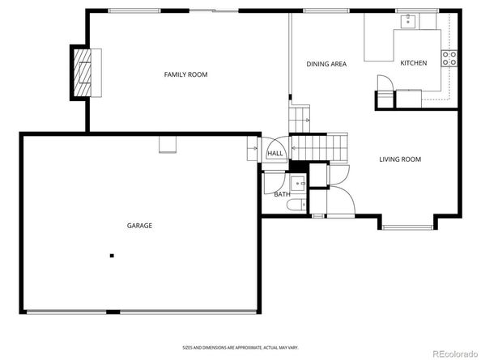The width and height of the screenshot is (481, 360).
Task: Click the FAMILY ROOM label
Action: pyautogui.click(x=185, y=74)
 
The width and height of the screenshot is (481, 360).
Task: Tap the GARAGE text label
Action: pyautogui.click(x=138, y=226)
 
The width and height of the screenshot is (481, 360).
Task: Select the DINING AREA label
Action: pyautogui.click(x=326, y=64)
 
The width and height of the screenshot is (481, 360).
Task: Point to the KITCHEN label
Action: pyautogui.click(x=414, y=63)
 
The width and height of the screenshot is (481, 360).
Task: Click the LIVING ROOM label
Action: pyautogui.click(x=400, y=159)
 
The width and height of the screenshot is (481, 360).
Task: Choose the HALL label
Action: pyautogui.click(x=275, y=153)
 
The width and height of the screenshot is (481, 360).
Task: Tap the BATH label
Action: pyautogui.click(x=282, y=194)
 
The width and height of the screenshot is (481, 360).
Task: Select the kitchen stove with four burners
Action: pyautogui.click(x=449, y=57)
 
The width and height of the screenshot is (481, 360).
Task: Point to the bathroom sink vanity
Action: pyautogui.click(x=297, y=182)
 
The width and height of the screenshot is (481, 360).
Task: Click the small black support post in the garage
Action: pyautogui.click(x=112, y=256)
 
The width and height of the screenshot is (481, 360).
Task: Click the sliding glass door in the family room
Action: pyautogui.click(x=214, y=11)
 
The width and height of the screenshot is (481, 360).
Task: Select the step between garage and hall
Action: pyautogui.click(x=252, y=150)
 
